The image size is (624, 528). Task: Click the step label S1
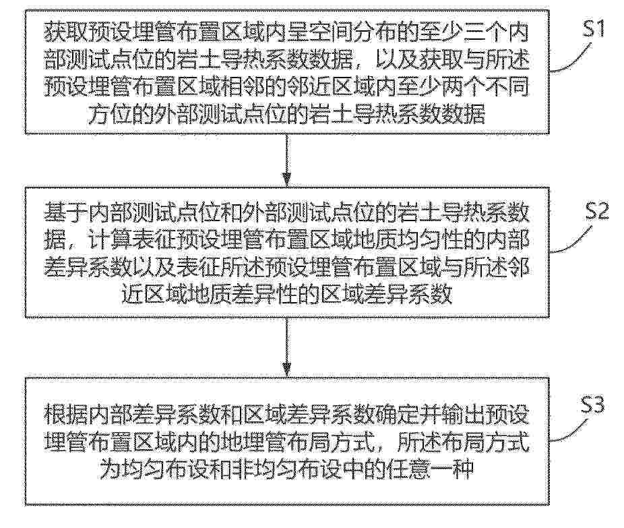click(x=594, y=28)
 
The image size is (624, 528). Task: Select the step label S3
click(x=592, y=405)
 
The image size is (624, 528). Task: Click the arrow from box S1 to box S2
click(x=286, y=160)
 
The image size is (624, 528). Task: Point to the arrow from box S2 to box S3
click(x=286, y=347)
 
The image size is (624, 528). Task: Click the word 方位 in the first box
click(x=111, y=114)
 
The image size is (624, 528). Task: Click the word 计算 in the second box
click(x=111, y=240)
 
